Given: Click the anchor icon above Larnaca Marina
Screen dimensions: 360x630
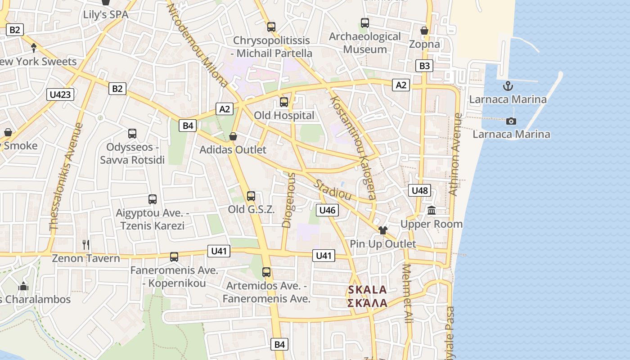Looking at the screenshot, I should [x=508, y=85].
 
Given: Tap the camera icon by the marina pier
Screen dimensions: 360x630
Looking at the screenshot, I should [x=511, y=121].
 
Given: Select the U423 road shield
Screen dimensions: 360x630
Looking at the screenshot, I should [x=60, y=94].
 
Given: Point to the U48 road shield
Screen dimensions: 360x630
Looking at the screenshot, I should [x=420, y=190].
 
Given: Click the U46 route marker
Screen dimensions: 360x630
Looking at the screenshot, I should [x=327, y=210].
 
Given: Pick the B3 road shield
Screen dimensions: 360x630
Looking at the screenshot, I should [x=424, y=66].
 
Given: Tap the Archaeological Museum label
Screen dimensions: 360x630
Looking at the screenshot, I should [x=364, y=43].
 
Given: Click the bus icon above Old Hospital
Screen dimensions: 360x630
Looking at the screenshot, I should [x=284, y=102].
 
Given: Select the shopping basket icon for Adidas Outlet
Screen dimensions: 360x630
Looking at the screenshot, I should [x=233, y=136].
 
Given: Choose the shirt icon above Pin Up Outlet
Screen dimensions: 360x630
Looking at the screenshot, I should [x=383, y=230].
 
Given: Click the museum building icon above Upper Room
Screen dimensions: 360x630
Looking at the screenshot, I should [x=432, y=211].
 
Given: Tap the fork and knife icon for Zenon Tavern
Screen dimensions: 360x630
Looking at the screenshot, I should [x=86, y=245].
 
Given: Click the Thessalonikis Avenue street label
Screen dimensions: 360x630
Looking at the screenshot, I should [x=66, y=177].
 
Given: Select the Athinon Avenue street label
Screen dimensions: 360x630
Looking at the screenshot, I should [x=455, y=154].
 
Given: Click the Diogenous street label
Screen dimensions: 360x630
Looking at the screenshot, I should [x=288, y=200].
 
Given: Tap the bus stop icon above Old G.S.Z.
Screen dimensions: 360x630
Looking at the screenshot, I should [x=251, y=196].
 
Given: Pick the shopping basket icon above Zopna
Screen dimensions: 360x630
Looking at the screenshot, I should [x=424, y=31].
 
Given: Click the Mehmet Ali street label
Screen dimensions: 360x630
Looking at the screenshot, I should [x=408, y=293].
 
